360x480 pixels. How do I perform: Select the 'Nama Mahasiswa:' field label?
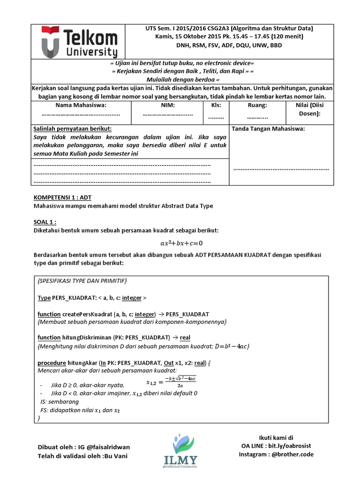tap(81, 105)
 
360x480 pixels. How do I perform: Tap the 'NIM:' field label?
tap(167, 105)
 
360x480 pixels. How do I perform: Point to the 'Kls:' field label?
tap(216, 105)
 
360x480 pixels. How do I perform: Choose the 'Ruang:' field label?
tap(257, 105)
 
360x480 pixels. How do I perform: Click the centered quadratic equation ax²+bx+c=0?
tap(181, 243)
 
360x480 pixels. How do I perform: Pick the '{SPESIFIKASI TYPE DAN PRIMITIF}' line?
tap(82, 281)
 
